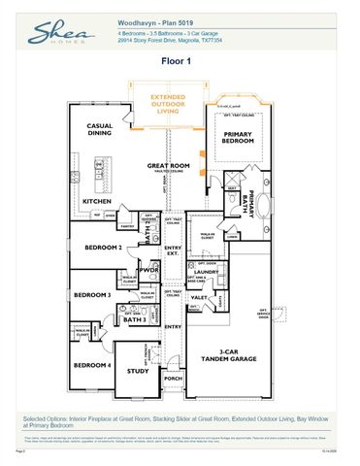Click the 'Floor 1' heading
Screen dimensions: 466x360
[x=180, y=60]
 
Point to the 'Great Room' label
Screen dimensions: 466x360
[x=167, y=167]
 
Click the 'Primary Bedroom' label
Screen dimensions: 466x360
[x=238, y=138]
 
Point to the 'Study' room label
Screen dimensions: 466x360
[x=138, y=370]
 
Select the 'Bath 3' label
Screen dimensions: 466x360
[x=137, y=318]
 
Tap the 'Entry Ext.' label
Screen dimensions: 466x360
[x=174, y=250]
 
